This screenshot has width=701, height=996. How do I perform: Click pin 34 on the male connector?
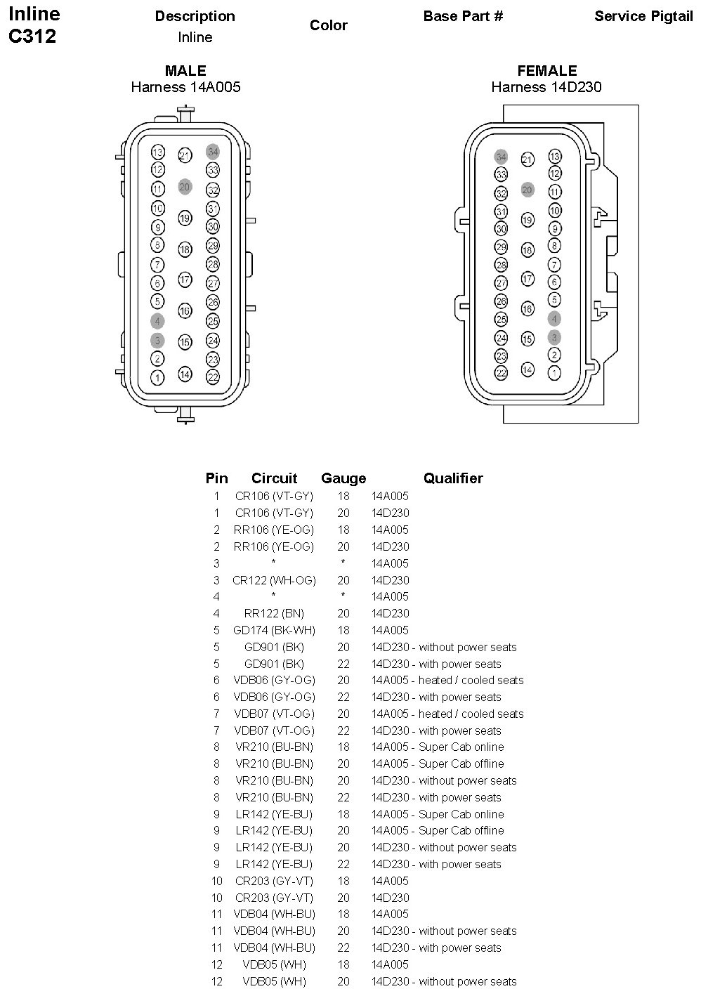coord(213,152)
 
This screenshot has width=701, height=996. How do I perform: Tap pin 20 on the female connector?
coord(528,190)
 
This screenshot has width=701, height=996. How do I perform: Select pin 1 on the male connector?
coord(157,378)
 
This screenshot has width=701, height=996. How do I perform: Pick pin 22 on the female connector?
coord(501,373)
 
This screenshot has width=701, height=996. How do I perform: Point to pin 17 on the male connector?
coord(185,280)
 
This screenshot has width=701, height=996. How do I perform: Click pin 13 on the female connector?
coord(555,157)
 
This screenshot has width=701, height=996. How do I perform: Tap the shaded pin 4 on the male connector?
coord(157,321)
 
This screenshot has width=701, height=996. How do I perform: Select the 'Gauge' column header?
coord(343,478)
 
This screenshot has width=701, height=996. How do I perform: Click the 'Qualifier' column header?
coord(453,478)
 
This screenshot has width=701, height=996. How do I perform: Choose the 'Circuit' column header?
coord(274,478)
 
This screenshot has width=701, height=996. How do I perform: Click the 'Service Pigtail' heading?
coord(643,16)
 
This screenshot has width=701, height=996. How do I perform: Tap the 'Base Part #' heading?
coord(463,16)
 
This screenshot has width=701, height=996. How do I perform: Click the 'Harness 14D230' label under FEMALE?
coord(546,87)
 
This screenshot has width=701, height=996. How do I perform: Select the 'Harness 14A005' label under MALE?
coord(185,87)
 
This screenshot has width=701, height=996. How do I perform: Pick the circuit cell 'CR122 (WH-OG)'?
coord(274,580)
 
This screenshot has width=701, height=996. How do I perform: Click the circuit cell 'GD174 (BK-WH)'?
coord(274,630)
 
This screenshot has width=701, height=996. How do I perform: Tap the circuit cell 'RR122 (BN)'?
coord(274,613)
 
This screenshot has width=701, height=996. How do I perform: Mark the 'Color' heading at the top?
coord(329,25)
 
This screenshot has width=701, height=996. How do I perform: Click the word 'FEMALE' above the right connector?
coord(546,71)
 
